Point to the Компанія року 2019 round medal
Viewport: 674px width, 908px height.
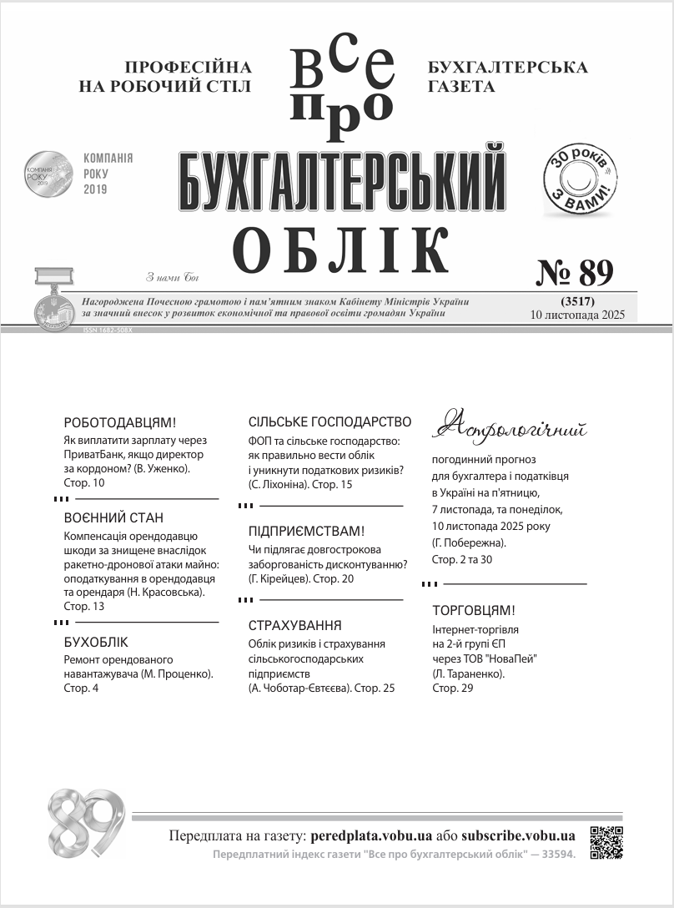46,174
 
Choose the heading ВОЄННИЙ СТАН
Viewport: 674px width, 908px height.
113,517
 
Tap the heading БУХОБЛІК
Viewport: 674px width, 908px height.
96,643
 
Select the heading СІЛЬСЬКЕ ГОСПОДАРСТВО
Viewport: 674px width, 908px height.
330,422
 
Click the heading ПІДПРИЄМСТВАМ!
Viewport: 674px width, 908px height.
307,532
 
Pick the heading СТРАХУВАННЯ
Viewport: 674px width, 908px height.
295,626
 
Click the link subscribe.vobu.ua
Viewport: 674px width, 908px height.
518,835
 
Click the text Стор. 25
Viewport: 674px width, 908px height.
375,689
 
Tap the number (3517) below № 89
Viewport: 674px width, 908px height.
571,300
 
